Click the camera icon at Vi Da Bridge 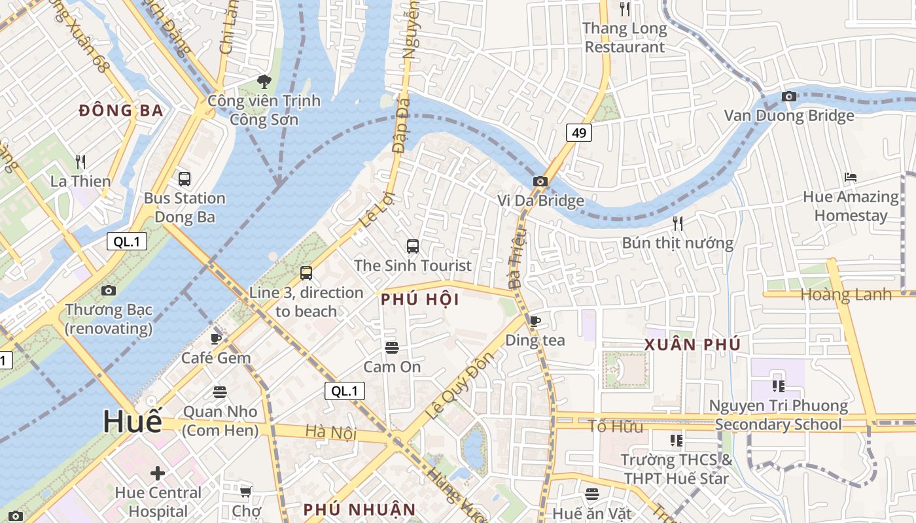540,181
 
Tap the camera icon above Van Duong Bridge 789,96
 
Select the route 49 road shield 579,133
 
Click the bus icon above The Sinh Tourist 412,246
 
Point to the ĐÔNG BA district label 121,111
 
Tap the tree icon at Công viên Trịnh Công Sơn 264,82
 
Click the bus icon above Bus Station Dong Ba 185,178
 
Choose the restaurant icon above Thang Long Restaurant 625,9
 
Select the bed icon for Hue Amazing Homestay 851,177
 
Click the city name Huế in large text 132,422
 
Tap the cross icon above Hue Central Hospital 158,473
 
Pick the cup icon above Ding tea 535,321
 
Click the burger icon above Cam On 392,347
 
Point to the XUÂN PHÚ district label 692,345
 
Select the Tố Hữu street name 615,427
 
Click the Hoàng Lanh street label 846,295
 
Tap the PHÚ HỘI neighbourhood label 419,300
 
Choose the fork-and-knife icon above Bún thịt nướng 678,224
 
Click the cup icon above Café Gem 216,338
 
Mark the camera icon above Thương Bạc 109,290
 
